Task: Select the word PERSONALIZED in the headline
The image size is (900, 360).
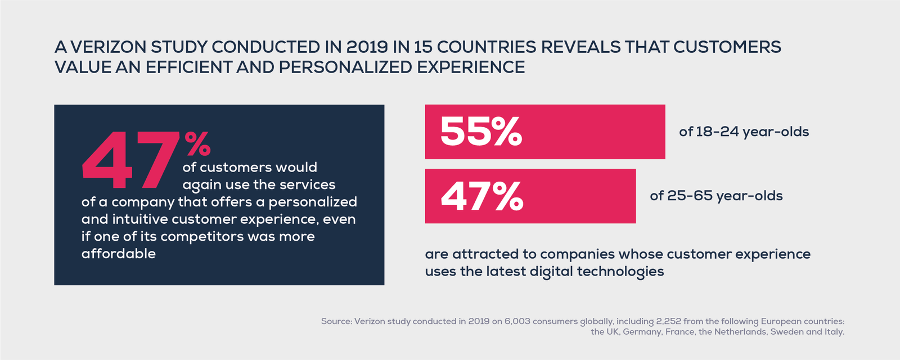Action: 345,67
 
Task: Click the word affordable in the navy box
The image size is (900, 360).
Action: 118,254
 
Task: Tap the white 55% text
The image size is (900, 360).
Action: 481,132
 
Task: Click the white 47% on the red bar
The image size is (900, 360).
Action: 481,196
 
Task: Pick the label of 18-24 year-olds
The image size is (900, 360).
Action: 744,132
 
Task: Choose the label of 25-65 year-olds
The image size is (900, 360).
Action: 716,196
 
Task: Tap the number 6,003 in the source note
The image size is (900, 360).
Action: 517,322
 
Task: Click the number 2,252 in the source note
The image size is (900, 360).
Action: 668,322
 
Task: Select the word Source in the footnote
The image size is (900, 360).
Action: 336,322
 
